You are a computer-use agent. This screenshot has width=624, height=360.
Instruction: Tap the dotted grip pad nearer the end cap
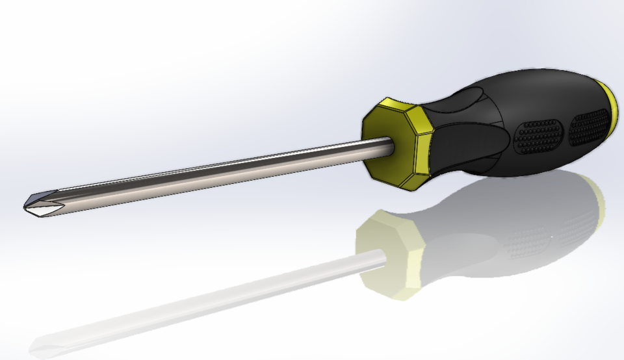click(589, 127)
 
